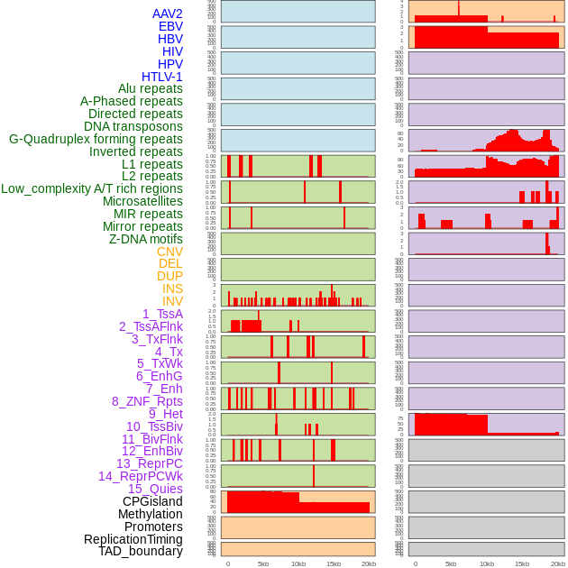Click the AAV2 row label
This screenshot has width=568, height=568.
[168, 14]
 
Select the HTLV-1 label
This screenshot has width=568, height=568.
[162, 77]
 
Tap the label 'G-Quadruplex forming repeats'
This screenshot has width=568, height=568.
[96, 139]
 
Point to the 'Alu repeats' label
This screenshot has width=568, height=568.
[151, 88]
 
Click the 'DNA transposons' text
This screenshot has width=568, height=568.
[133, 126]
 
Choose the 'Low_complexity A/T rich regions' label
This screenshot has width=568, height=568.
[92, 188]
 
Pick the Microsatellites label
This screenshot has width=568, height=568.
[142, 201]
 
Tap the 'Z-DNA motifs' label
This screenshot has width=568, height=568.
[146, 239]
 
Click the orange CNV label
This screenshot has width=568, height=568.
[169, 252]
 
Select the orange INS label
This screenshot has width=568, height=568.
[172, 289]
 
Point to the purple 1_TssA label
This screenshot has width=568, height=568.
[162, 314]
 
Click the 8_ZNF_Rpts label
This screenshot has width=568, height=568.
[147, 401]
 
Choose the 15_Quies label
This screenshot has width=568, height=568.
[155, 489]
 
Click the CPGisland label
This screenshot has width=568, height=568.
[152, 501]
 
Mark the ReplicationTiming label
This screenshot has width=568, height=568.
[133, 539]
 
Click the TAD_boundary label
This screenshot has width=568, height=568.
[141, 551]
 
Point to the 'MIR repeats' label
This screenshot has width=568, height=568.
[148, 214]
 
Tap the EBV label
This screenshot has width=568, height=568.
[170, 26]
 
